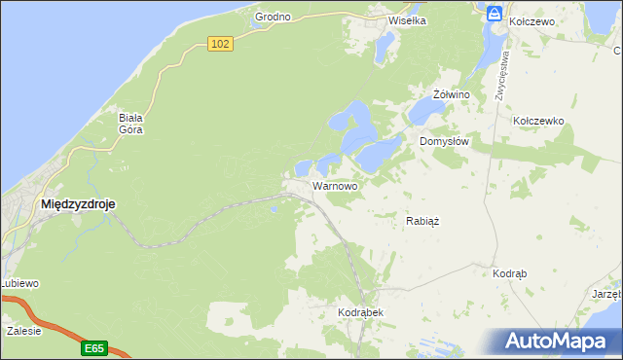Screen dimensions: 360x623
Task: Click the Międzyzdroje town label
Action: tap(79, 204)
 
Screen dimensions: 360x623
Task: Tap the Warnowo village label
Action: tap(335, 185)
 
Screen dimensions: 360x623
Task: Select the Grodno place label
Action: tap(274, 18)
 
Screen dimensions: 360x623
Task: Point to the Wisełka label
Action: tap(408, 19)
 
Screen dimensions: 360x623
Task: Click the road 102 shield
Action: tap(221, 44)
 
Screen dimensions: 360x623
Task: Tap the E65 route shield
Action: tap(93, 347)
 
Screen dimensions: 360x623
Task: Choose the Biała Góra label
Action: tap(131, 123)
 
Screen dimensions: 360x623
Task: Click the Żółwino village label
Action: tap(452, 94)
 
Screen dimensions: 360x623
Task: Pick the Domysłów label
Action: tap(445, 141)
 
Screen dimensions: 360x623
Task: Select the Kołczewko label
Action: tap(538, 121)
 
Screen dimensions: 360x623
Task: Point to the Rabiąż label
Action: tap(422, 221)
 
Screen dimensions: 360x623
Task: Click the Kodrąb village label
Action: tap(510, 274)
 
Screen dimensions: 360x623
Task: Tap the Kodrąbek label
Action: tap(360, 312)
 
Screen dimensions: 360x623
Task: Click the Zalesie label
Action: tap(23, 331)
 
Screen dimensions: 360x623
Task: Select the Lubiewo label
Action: tap(19, 283)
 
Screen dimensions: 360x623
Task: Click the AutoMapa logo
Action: tap(557, 342)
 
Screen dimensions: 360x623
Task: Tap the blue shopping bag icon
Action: tap(495, 14)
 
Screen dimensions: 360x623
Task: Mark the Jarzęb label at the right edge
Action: tap(606, 293)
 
